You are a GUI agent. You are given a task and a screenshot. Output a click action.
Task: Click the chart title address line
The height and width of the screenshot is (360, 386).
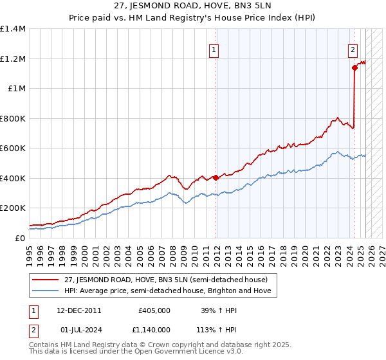pos(192,6)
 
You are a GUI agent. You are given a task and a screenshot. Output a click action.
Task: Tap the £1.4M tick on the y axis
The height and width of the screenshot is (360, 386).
pos(13,29)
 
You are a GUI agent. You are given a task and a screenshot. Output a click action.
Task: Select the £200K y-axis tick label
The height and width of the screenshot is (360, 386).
pos(13,208)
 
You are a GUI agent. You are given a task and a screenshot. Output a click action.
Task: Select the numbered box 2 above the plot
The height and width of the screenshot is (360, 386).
pos(353,51)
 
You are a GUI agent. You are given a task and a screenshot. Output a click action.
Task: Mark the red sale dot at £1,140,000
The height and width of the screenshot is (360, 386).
pos(354,67)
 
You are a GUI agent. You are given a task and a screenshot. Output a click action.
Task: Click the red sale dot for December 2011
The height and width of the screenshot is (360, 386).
pos(216,177)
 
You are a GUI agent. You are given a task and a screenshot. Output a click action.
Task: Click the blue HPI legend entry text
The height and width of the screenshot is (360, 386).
pos(167,291)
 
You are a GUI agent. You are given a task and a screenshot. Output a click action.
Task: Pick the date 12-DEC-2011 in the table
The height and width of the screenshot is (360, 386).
pos(79,310)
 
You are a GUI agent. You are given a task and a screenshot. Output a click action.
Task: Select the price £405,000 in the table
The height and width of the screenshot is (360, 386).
pos(154,310)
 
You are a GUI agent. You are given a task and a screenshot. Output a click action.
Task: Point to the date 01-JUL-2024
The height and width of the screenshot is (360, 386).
pos(79,331)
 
